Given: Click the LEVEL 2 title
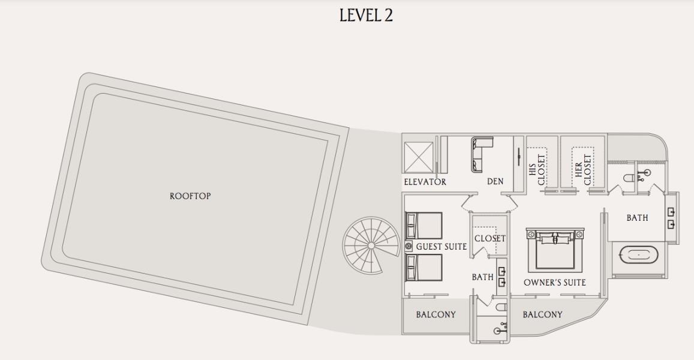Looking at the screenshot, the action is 366,15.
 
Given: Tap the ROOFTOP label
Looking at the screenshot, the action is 190,196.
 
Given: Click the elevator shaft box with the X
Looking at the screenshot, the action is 418,157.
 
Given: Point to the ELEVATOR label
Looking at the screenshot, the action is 425,182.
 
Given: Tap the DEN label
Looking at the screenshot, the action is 495,182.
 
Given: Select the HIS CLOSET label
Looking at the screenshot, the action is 536,170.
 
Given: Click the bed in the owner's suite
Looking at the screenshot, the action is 555,250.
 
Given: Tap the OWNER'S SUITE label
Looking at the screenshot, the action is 555,283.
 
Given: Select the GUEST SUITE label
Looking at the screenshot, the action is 441,247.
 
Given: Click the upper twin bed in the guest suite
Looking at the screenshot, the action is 424,226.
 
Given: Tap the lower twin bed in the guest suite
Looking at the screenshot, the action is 424,267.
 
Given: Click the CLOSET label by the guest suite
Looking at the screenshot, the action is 490,239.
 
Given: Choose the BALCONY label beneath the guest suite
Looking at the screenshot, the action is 435,315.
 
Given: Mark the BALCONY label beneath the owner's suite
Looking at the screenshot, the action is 543,315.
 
